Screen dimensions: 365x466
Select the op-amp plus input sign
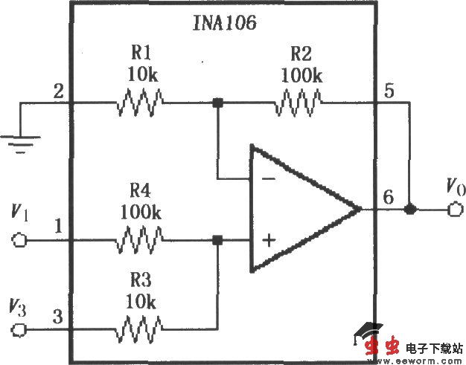[267, 240]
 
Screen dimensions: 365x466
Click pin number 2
[57, 93]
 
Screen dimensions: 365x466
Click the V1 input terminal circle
[20, 240]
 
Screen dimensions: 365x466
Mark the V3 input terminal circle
[20, 328]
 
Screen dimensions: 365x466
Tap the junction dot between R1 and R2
[217, 103]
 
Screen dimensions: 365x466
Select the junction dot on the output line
[409, 210]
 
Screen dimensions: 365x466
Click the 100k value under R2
[301, 75]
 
